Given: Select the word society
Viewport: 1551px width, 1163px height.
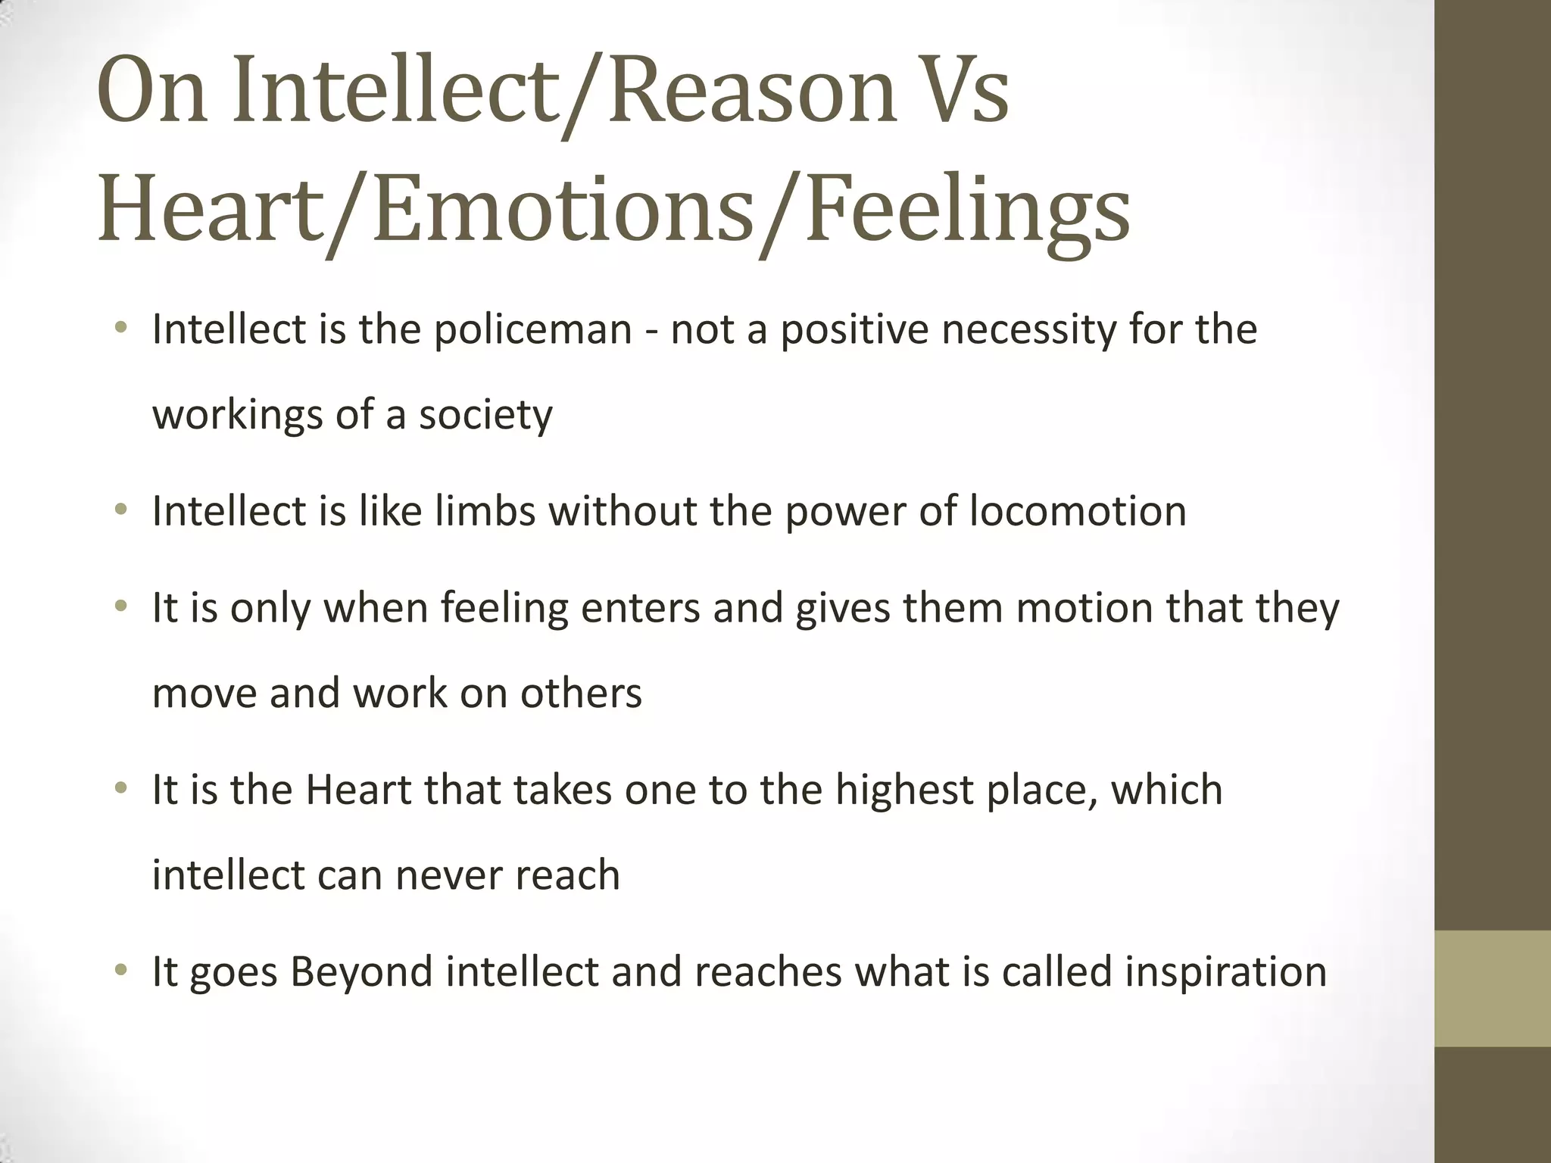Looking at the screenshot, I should tap(485, 415).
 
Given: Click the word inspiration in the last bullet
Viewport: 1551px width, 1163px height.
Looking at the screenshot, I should tap(1225, 972).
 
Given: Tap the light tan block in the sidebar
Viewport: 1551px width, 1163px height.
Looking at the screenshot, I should tap(1493, 988).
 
